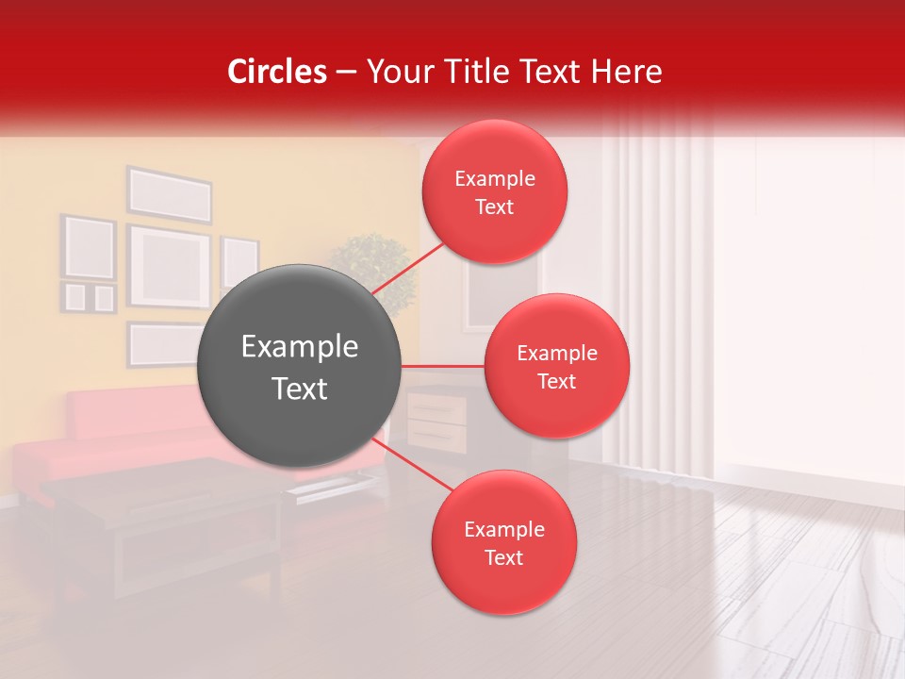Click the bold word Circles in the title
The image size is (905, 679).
pos(277,72)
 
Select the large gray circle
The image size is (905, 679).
pos(300,366)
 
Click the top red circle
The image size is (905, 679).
pos(495,191)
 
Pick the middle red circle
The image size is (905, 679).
pos(556,366)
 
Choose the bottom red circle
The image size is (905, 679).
pos(503,542)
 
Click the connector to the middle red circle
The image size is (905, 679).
pos(443,366)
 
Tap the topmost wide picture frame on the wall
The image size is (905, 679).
pos(170,194)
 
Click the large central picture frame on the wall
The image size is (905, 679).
pos(169,266)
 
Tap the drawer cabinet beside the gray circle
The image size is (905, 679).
pos(436,422)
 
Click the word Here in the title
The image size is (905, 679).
pos(629,72)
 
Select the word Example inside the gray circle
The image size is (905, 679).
pos(300,347)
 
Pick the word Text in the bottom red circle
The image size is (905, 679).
pos(503,557)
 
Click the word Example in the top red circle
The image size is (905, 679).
pos(495,178)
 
